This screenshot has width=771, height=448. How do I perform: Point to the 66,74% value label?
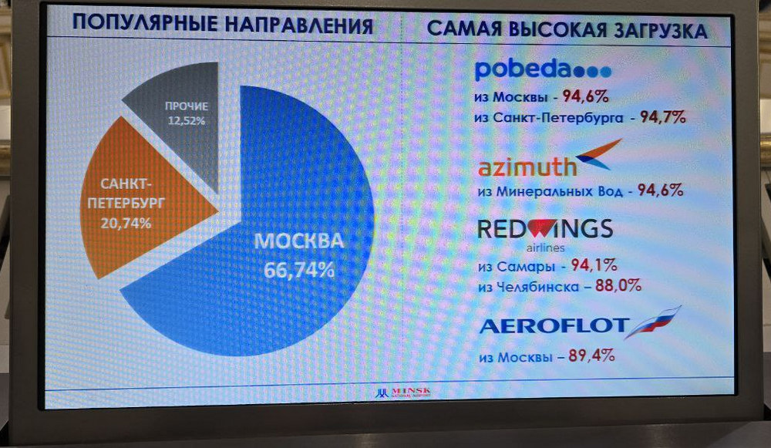coord(299,270)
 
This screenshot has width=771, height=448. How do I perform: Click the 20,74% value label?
coord(126,224)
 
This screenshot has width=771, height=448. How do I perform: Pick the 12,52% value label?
coord(187,120)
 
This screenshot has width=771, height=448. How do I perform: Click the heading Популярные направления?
coord(223,24)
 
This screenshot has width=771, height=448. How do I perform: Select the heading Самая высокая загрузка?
coord(567,29)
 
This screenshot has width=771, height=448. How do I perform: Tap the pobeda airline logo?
coord(543,69)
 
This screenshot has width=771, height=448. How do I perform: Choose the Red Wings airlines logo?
coord(545,234)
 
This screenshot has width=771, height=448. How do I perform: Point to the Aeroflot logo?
coord(580,323)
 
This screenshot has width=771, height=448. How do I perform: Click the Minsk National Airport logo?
coord(402,392)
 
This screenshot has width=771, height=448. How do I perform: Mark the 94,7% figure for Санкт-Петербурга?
coord(662,117)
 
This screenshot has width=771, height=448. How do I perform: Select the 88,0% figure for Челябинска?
coord(618,285)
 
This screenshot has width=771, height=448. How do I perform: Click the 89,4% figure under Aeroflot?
coord(591,355)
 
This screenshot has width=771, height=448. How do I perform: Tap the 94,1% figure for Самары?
coord(594,265)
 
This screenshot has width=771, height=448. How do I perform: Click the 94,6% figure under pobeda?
coord(586,96)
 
